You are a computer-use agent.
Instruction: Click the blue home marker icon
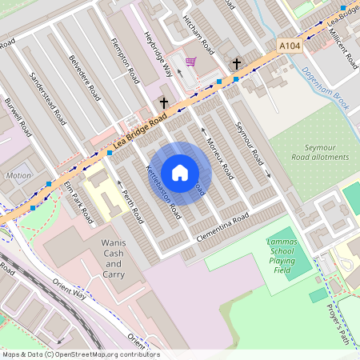[x=180, y=173]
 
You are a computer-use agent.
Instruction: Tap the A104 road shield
[x=290, y=47]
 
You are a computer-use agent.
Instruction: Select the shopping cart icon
[x=190, y=62]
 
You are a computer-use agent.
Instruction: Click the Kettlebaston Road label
[x=163, y=193]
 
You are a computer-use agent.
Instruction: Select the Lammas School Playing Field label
[x=282, y=254]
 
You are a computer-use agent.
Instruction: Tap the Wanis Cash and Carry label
[x=113, y=258]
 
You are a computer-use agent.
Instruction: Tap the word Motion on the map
[x=18, y=175]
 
